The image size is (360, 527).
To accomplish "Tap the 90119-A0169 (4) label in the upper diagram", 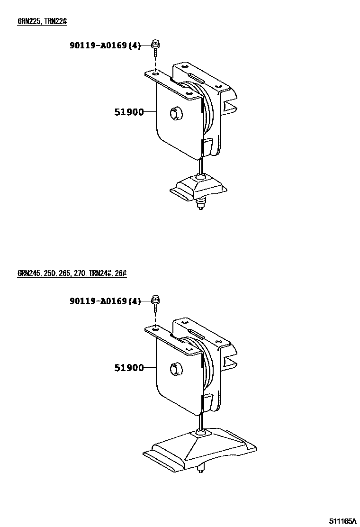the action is [x=105, y=46].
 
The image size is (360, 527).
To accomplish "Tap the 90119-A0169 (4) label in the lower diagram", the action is [x=105, y=301].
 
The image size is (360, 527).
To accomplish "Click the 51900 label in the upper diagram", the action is [x=128, y=112].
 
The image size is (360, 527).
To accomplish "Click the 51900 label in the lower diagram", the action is [x=128, y=368].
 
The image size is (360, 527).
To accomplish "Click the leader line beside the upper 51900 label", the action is [x=150, y=112].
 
